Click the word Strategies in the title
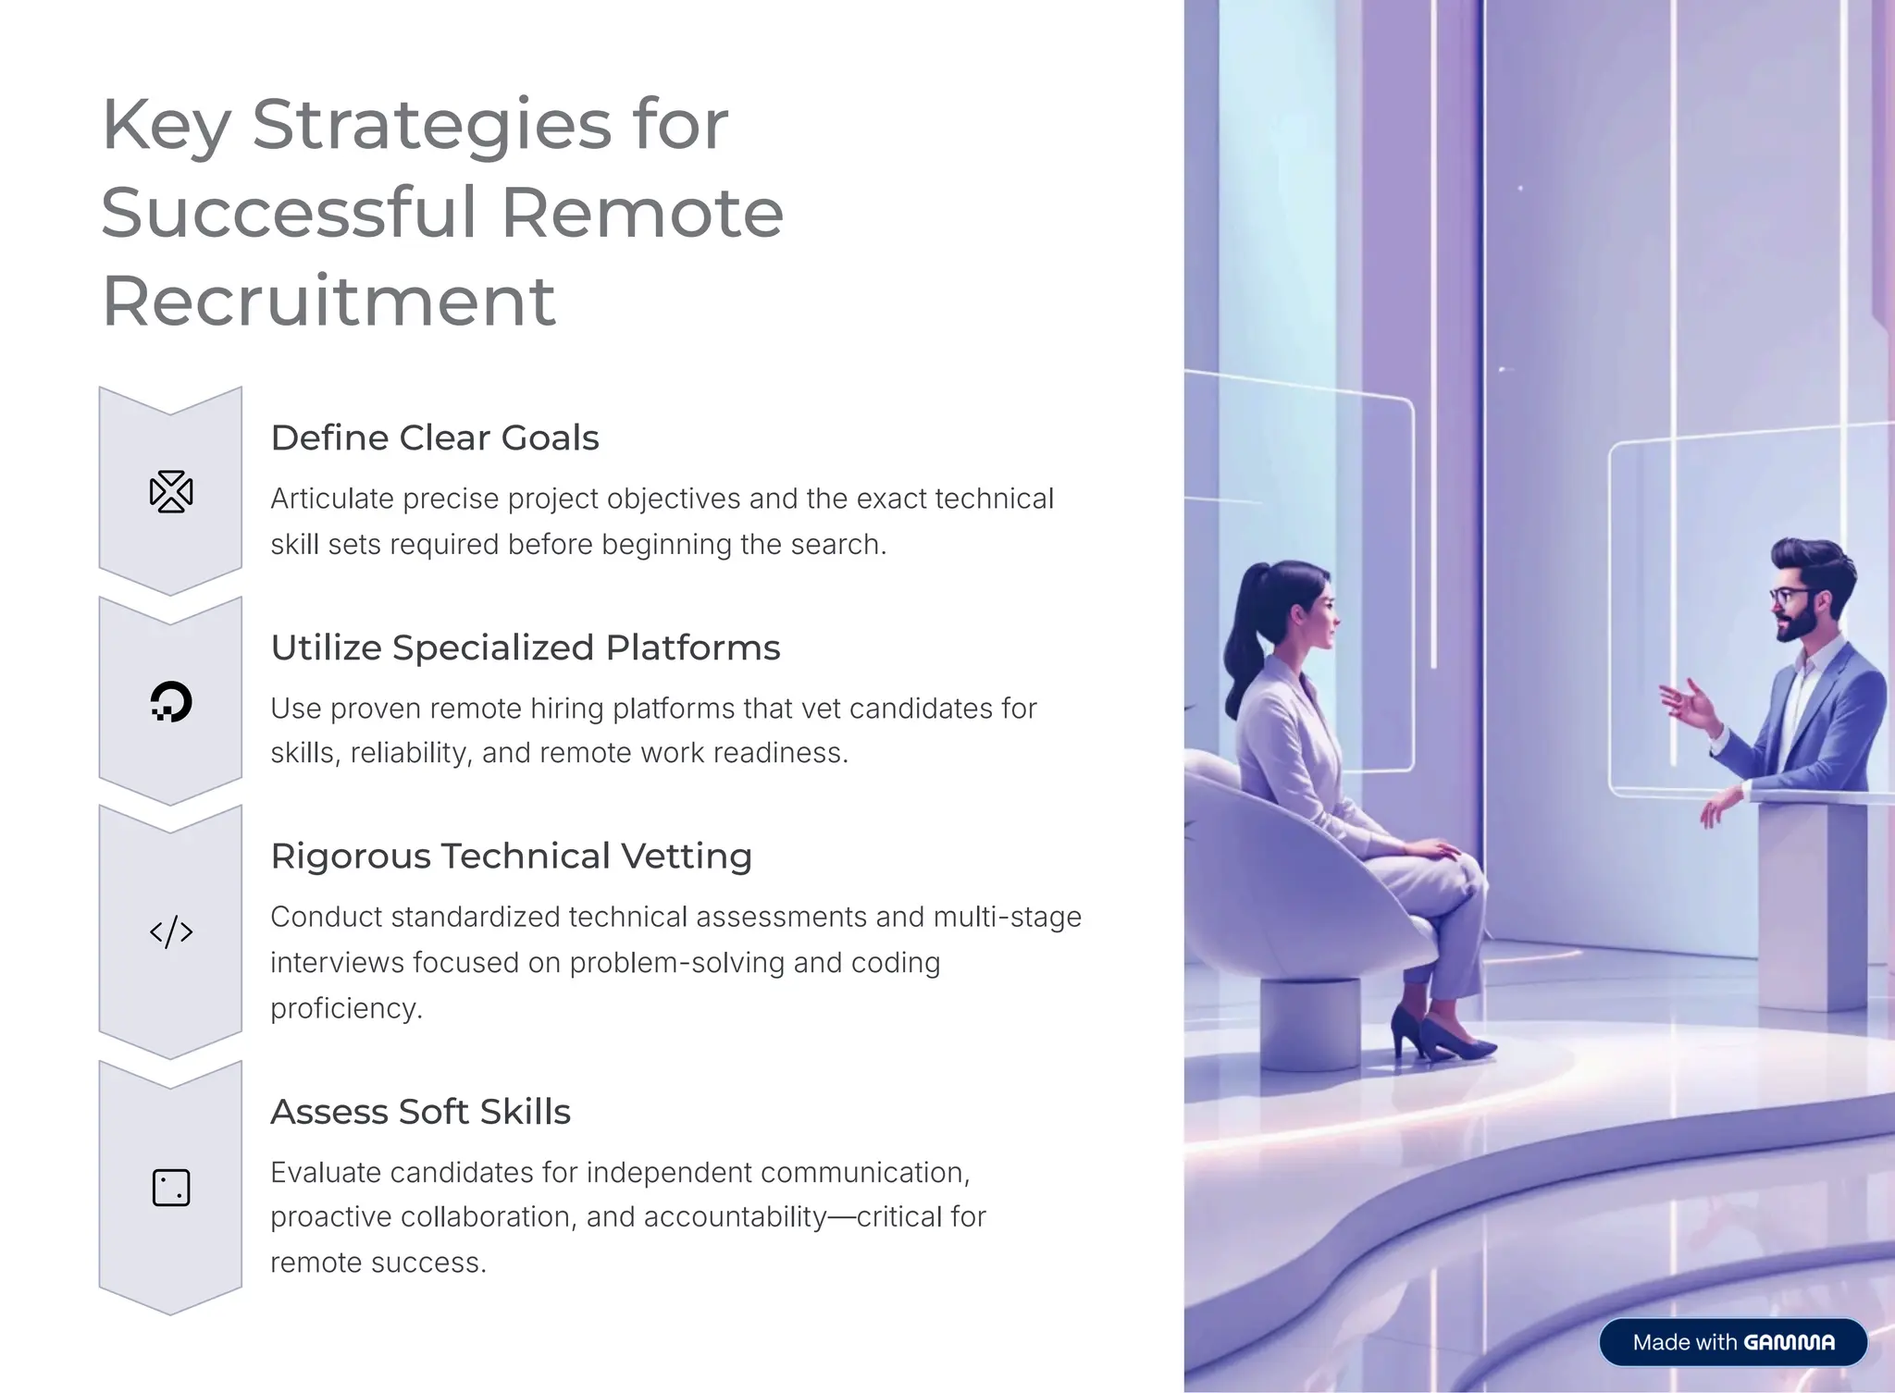[431, 125]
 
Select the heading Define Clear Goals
[434, 438]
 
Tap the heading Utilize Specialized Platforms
[525, 647]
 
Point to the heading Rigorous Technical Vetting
[511, 856]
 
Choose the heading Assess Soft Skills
[420, 1111]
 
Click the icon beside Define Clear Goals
[171, 491]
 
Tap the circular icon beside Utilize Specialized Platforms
[171, 701]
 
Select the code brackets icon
[171, 931]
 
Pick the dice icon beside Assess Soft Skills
[171, 1188]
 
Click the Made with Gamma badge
[1732, 1341]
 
